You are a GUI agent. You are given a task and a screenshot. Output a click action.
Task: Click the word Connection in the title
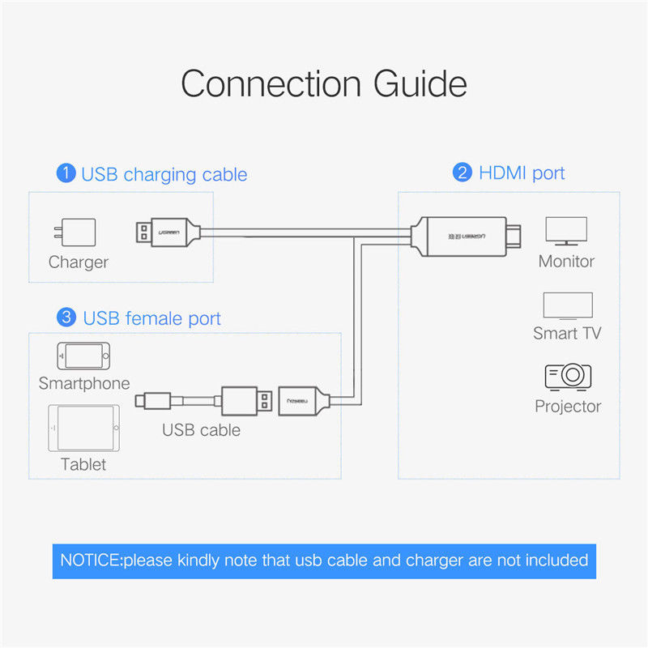(x=271, y=83)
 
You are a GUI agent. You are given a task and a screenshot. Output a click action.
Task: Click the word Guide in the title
(x=420, y=83)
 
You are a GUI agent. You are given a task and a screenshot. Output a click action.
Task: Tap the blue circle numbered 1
(x=66, y=173)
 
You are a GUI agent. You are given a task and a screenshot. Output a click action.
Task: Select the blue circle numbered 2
(x=463, y=173)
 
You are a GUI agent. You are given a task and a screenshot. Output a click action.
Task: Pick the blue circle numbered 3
(x=66, y=318)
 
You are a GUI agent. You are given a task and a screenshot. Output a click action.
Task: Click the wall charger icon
(x=75, y=232)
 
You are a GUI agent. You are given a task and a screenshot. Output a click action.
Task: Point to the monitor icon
(x=566, y=231)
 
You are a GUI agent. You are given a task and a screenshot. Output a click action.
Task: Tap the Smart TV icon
(x=568, y=306)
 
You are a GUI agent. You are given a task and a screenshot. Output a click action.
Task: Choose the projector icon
(x=568, y=377)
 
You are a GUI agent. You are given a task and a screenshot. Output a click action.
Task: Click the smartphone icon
(x=83, y=356)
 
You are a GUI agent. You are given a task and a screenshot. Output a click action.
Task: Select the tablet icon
(x=84, y=428)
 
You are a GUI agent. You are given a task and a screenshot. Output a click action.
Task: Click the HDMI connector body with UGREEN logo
(x=466, y=237)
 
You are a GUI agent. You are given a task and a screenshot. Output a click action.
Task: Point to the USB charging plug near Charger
(x=168, y=232)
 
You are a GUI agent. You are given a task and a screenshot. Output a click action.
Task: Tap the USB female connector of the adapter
(x=305, y=401)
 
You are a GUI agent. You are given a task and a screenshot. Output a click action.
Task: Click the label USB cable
(x=201, y=430)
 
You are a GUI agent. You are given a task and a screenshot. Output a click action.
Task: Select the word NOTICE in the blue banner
(x=91, y=561)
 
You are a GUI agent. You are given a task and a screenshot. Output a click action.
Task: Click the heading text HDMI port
(x=522, y=173)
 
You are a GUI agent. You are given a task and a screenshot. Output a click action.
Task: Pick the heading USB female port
(x=151, y=318)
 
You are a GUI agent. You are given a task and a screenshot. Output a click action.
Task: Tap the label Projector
(x=568, y=407)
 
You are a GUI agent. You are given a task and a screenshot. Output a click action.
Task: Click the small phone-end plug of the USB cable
(x=153, y=400)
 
